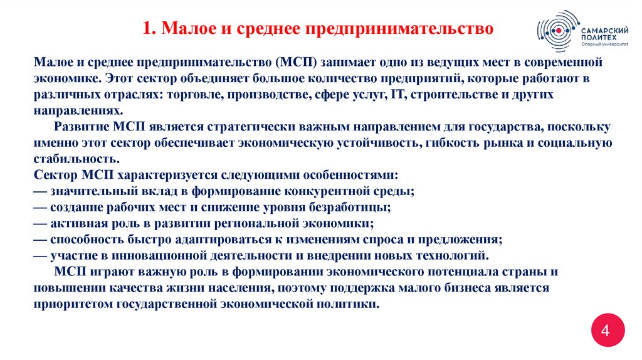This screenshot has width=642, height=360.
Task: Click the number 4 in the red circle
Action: pos(605,331)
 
